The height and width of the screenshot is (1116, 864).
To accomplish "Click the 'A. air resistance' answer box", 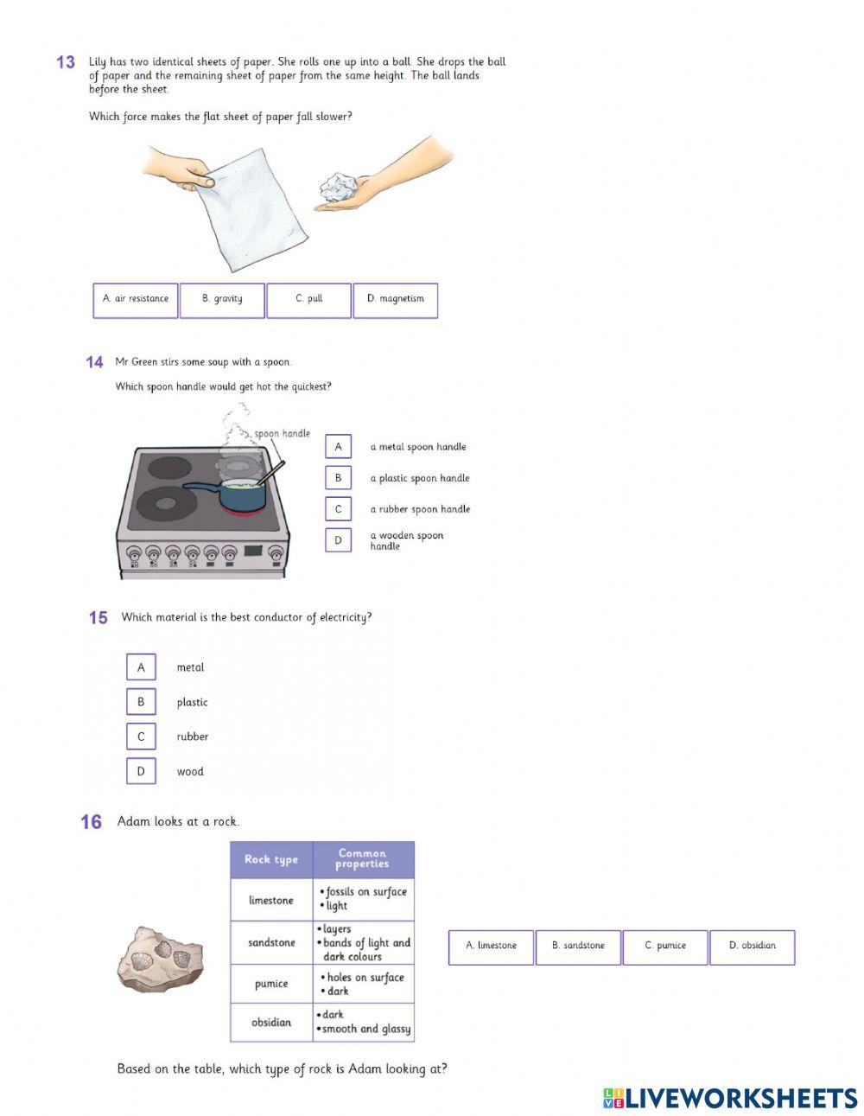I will (136, 300).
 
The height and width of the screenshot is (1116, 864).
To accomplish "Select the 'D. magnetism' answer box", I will (396, 300).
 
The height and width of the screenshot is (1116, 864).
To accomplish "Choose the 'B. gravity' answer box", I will (222, 300).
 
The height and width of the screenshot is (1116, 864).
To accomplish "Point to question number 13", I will (66, 62).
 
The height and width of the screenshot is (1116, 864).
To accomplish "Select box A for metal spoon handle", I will (338, 447).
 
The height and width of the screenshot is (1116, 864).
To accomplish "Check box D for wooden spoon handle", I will (338, 540).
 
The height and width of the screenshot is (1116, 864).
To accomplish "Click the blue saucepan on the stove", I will (238, 494).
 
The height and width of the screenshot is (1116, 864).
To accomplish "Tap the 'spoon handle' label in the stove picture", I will (282, 434).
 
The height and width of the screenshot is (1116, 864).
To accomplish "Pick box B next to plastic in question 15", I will (141, 702).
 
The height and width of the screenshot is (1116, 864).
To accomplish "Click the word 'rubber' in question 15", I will (193, 737).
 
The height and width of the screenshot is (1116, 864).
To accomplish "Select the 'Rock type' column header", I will (271, 859).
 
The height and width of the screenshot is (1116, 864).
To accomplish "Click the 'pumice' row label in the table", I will (271, 984).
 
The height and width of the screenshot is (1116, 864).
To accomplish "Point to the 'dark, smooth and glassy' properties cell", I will (364, 1022).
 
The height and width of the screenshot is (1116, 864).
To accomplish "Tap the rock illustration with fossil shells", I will (160, 959).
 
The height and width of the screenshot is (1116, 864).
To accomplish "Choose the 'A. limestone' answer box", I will (491, 947).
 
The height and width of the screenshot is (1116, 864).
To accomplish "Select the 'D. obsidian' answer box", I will (752, 947).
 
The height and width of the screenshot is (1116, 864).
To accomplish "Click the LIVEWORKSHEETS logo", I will (730, 1098).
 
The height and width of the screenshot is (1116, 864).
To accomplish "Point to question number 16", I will (92, 822).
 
